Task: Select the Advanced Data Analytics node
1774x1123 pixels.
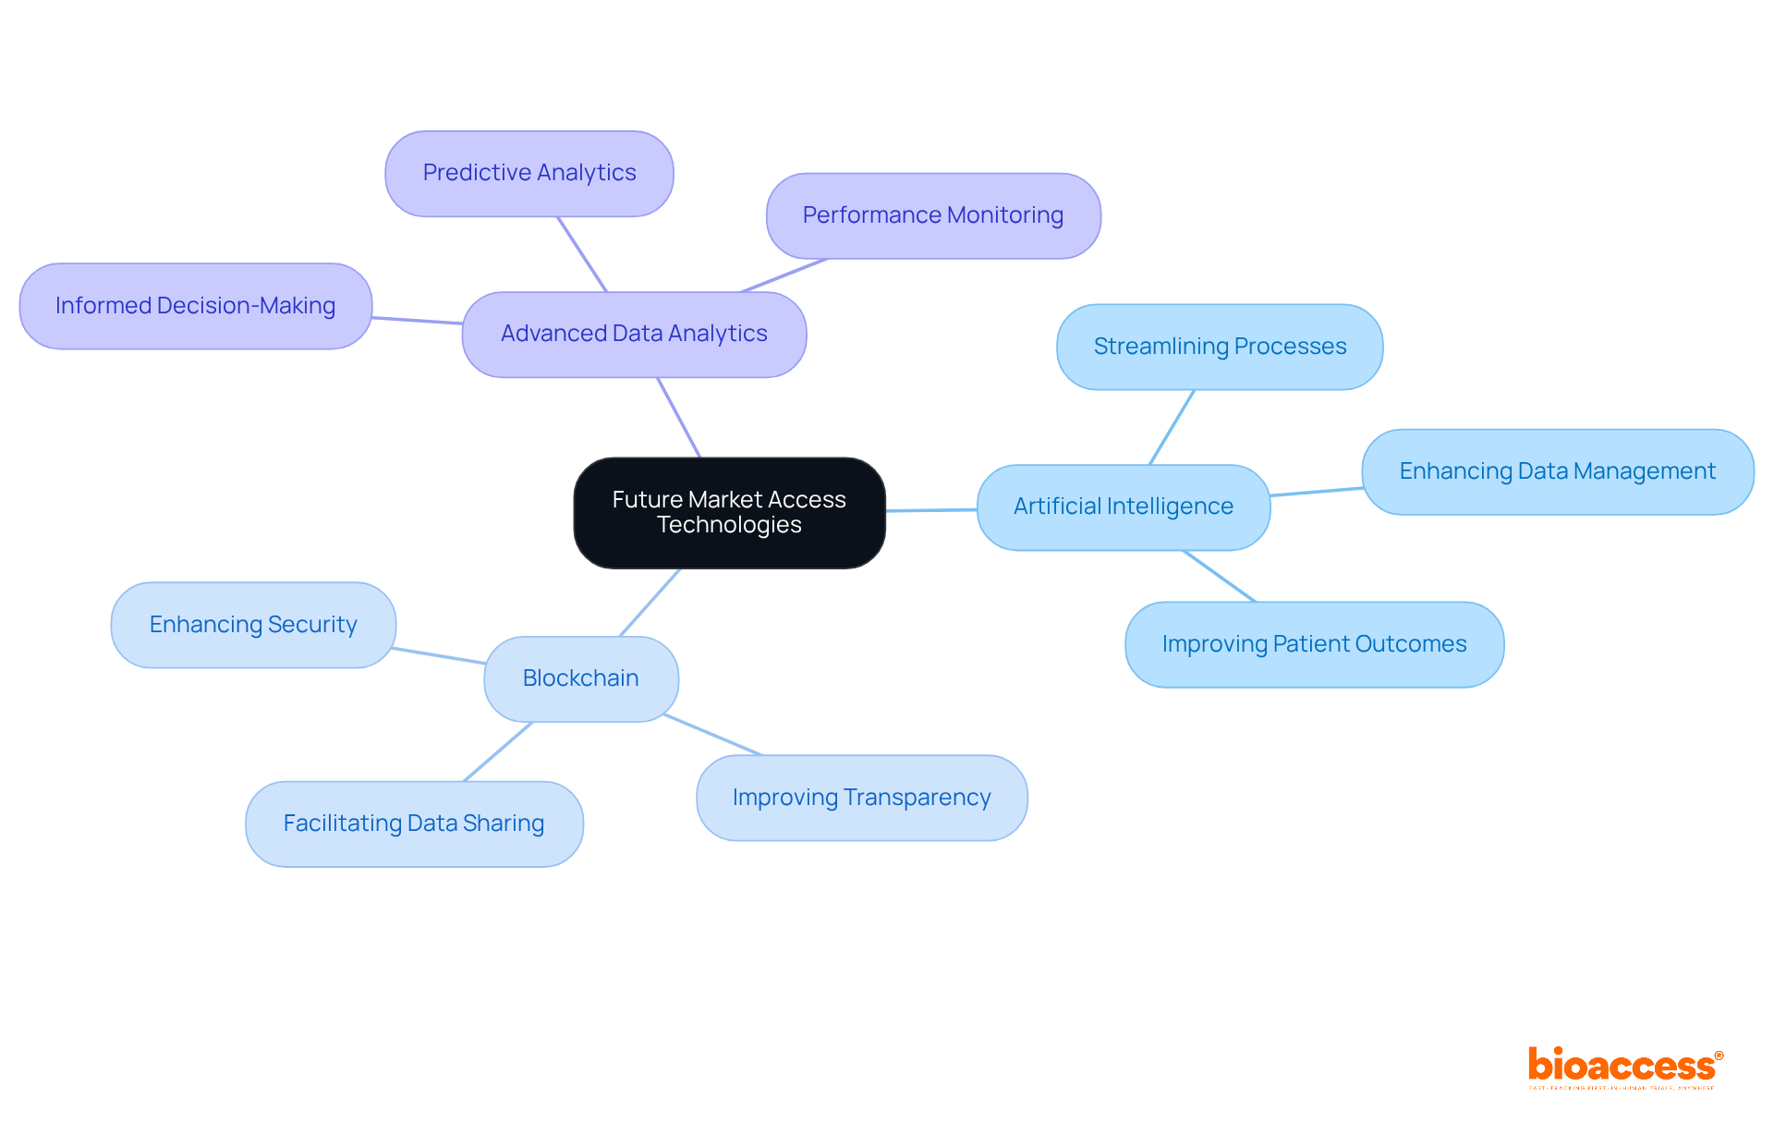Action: [x=634, y=334]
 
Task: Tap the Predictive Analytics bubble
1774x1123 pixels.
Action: [x=529, y=173]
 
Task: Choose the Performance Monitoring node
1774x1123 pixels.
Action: [x=932, y=215]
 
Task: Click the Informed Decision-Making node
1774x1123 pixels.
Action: [x=195, y=306]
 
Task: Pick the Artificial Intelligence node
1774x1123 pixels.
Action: [x=1123, y=507]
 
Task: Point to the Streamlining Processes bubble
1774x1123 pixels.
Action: [x=1219, y=347]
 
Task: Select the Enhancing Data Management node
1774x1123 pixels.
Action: [x=1557, y=471]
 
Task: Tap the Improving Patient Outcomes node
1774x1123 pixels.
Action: [x=1313, y=644]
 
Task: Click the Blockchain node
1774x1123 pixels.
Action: [x=580, y=678]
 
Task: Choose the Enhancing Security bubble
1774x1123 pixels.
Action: [x=252, y=625]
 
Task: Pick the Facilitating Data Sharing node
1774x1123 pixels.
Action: [x=413, y=824]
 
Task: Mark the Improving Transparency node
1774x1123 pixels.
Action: [x=860, y=798]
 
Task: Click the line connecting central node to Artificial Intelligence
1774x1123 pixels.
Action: [x=930, y=509]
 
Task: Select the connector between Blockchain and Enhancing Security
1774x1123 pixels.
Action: [x=439, y=655]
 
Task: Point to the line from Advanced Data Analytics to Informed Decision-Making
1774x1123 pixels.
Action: [x=417, y=320]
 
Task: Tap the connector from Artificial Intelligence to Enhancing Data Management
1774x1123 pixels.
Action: [x=1316, y=492]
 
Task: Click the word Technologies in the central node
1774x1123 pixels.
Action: [x=729, y=525]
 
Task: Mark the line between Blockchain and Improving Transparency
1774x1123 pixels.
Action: [x=712, y=735]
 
